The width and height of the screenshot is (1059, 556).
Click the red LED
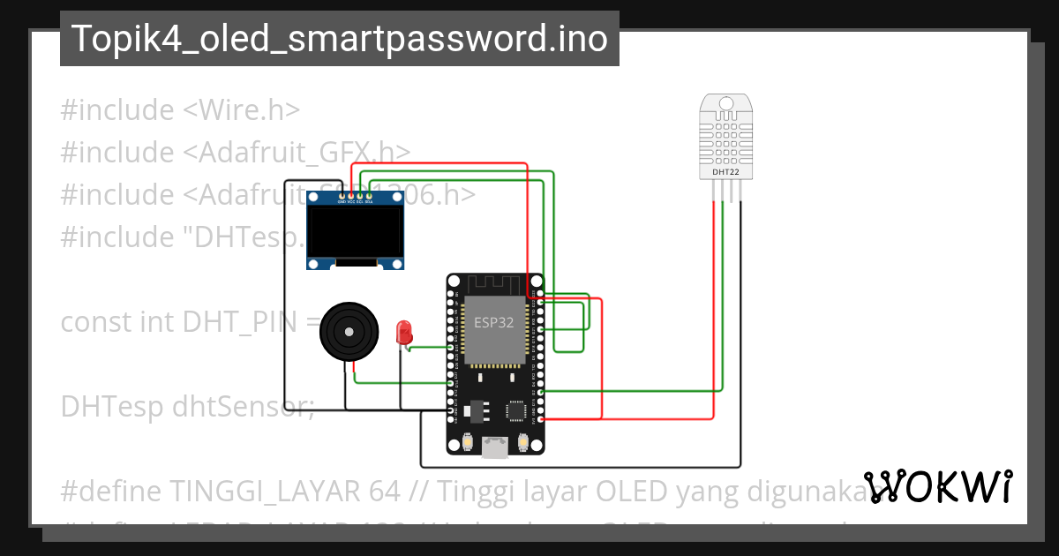click(405, 333)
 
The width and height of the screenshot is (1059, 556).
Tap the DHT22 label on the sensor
click(725, 172)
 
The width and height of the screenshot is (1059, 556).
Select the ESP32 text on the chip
click(493, 322)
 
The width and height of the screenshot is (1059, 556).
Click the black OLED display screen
click(355, 230)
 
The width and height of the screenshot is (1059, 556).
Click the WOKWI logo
click(937, 486)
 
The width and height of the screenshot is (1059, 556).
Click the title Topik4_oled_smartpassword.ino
click(339, 39)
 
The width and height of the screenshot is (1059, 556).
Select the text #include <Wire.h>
click(181, 110)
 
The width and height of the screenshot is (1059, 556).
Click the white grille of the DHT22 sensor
click(725, 137)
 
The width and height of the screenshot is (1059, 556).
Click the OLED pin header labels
click(351, 201)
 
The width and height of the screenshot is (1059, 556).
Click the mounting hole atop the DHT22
click(725, 103)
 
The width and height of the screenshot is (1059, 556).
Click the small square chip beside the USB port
click(516, 410)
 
